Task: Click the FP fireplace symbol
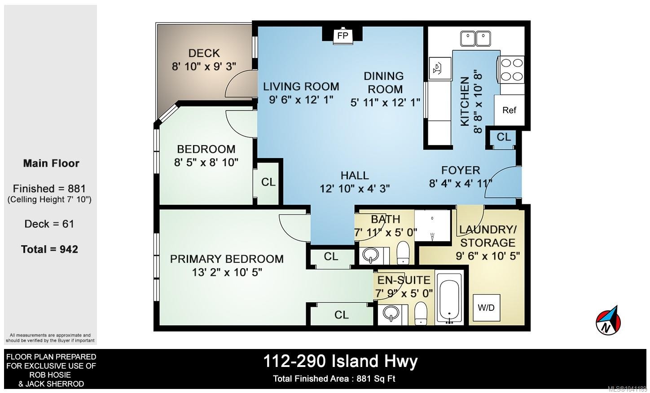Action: (x=343, y=35)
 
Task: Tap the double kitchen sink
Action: (x=475, y=39)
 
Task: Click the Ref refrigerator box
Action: (x=509, y=110)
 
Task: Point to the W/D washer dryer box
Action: (x=486, y=308)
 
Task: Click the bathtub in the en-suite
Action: (x=449, y=298)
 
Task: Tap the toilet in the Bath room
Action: (x=403, y=253)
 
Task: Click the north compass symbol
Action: (x=609, y=320)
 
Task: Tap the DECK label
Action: (x=204, y=53)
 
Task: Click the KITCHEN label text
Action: (x=465, y=102)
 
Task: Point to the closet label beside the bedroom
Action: (x=268, y=182)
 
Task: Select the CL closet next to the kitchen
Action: (x=504, y=137)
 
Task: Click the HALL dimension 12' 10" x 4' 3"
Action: (x=355, y=189)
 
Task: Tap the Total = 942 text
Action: (x=50, y=249)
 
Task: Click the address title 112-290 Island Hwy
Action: (x=340, y=362)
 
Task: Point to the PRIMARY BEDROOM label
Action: (x=227, y=259)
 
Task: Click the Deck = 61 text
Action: (x=49, y=224)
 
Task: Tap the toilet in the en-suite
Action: (x=421, y=313)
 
